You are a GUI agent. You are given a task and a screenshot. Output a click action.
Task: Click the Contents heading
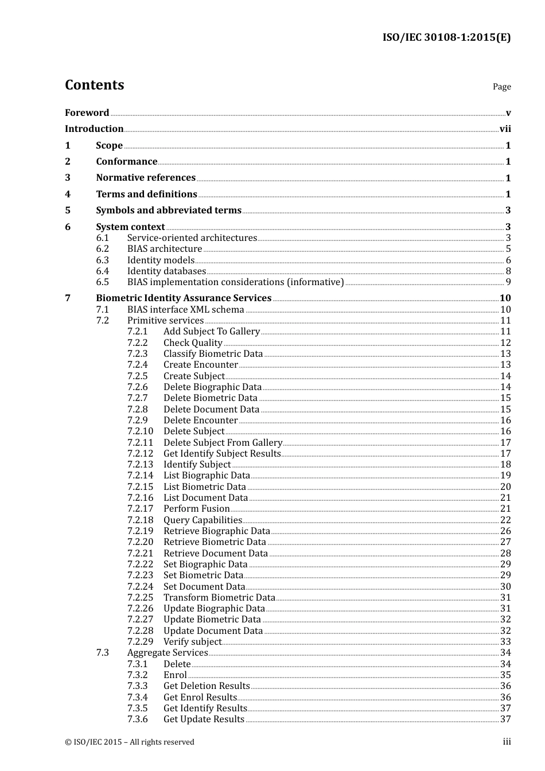[94, 85]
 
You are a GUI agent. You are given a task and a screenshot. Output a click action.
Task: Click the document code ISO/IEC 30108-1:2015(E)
[446, 37]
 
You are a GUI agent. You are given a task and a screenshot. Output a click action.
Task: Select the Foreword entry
[87, 112]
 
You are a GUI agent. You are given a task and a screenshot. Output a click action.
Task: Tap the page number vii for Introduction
[505, 129]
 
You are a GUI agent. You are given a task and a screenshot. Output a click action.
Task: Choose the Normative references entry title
[146, 178]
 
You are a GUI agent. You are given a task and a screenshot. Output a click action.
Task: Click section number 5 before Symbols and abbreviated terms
[68, 211]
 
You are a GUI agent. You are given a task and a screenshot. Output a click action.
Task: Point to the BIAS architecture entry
[165, 249]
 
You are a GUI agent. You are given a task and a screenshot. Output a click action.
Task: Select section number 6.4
[103, 271]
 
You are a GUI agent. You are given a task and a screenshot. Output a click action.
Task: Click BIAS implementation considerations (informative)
[235, 282]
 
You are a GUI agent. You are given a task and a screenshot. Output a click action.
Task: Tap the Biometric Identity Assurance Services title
[184, 298]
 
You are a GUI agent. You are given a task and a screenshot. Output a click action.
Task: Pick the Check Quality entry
[193, 343]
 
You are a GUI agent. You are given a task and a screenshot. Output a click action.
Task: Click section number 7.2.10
[141, 431]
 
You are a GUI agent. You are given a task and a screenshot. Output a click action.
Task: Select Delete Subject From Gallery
[223, 443]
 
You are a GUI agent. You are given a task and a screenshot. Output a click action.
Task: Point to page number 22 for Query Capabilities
[505, 520]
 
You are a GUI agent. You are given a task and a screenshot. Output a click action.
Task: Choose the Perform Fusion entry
[196, 509]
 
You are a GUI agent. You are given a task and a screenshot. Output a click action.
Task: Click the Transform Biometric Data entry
[219, 598]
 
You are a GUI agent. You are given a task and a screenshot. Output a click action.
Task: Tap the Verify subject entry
[192, 642]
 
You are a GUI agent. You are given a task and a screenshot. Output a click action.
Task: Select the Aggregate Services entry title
[168, 653]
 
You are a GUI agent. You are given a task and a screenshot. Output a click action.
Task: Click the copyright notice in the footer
[130, 742]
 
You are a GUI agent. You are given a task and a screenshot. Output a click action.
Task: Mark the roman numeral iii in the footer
[507, 742]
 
